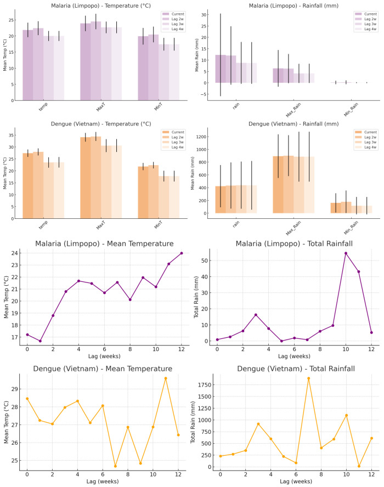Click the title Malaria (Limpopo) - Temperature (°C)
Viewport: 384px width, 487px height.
[x=100, y=5]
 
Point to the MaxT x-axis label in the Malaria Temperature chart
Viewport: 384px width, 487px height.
[x=100, y=107]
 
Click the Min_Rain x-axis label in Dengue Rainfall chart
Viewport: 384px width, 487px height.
[x=351, y=228]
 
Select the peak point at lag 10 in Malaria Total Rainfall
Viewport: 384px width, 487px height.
[x=346, y=253]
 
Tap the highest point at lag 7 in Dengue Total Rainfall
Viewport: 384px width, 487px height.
[x=308, y=378]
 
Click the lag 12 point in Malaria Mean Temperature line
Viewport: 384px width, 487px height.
[x=182, y=253]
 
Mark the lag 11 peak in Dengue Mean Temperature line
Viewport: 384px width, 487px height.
[x=166, y=378]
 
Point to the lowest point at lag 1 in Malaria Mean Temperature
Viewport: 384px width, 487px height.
[x=40, y=341]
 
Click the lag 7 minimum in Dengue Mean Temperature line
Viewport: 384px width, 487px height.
[x=115, y=466]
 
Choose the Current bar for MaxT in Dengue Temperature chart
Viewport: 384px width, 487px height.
[x=86, y=178]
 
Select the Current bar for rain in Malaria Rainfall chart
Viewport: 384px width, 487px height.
[x=221, y=69]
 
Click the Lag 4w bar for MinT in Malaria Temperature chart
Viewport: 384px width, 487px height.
[x=174, y=72]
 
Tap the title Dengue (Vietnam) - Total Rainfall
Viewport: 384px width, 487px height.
[x=296, y=369]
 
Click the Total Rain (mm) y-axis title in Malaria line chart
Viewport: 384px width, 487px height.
[x=196, y=297]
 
